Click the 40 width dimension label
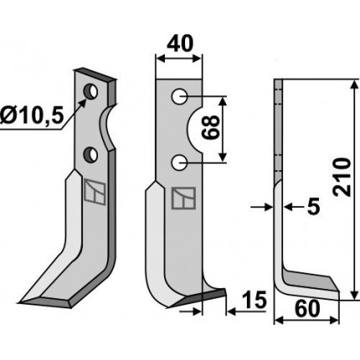[x=179, y=44]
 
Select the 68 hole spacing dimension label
[x=211, y=128]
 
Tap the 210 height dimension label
[x=342, y=177]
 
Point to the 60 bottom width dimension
[x=307, y=309]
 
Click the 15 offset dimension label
[x=255, y=300]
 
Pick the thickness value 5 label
[x=313, y=207]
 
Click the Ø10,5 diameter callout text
[x=32, y=116]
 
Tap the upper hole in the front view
[x=179, y=97]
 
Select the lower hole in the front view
[x=179, y=162]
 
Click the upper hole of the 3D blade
[x=90, y=91]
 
